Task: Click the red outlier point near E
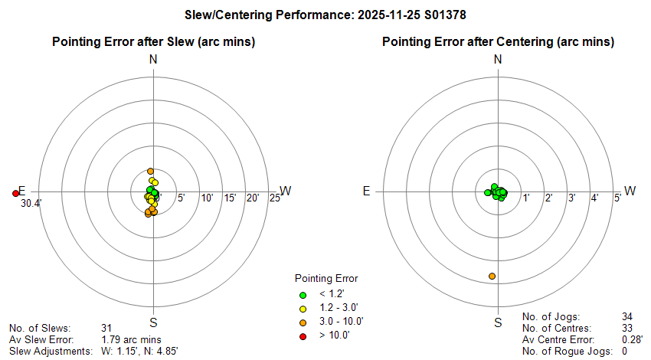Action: pyautogui.click(x=15, y=193)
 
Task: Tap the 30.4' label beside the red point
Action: pyautogui.click(x=31, y=204)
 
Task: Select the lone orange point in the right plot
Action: pyautogui.click(x=492, y=276)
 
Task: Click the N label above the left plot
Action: pyautogui.click(x=153, y=60)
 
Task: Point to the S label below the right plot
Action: pyautogui.click(x=498, y=322)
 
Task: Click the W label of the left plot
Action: pyautogui.click(x=286, y=191)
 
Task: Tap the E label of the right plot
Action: pyautogui.click(x=367, y=191)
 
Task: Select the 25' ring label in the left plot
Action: pyautogui.click(x=273, y=198)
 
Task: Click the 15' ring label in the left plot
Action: pyautogui.click(x=229, y=198)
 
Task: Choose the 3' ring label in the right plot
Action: pyautogui.click(x=571, y=198)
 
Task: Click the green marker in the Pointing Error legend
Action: pyautogui.click(x=303, y=294)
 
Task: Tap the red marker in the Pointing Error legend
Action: pyautogui.click(x=303, y=335)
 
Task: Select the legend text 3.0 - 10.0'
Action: pyautogui.click(x=340, y=322)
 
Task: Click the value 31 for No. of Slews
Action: pyautogui.click(x=107, y=328)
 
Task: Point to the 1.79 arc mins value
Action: pyautogui.click(x=131, y=339)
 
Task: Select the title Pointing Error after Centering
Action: pyautogui.click(x=498, y=41)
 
